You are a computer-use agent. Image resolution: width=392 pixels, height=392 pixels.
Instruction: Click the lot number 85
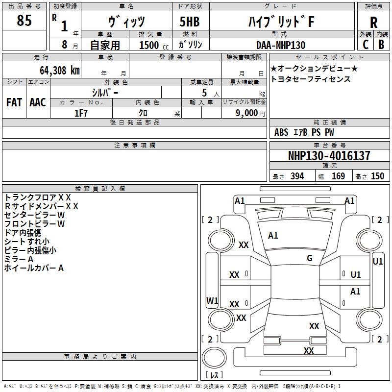point(24,21)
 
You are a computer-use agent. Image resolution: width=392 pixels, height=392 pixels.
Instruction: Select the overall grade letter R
point(373,23)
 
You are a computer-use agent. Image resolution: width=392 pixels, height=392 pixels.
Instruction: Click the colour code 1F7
point(81,113)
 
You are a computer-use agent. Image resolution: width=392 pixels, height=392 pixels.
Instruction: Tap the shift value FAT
point(14,102)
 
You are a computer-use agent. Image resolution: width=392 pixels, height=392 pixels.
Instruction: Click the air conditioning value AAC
point(37,102)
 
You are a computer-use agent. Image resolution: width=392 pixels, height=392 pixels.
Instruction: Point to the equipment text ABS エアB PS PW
point(304,132)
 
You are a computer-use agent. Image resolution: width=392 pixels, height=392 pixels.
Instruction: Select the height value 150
point(377,176)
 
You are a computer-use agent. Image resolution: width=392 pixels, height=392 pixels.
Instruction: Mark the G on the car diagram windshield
point(309,258)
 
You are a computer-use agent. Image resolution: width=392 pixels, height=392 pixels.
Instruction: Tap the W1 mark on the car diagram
point(212,300)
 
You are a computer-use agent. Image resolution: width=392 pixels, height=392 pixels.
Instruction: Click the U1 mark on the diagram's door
point(356,275)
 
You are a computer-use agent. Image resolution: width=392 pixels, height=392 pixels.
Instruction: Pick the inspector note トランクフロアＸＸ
point(38,197)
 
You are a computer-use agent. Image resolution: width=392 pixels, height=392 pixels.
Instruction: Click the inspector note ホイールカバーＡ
point(34,268)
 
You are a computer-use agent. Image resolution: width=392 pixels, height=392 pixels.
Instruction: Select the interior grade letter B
point(381,44)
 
